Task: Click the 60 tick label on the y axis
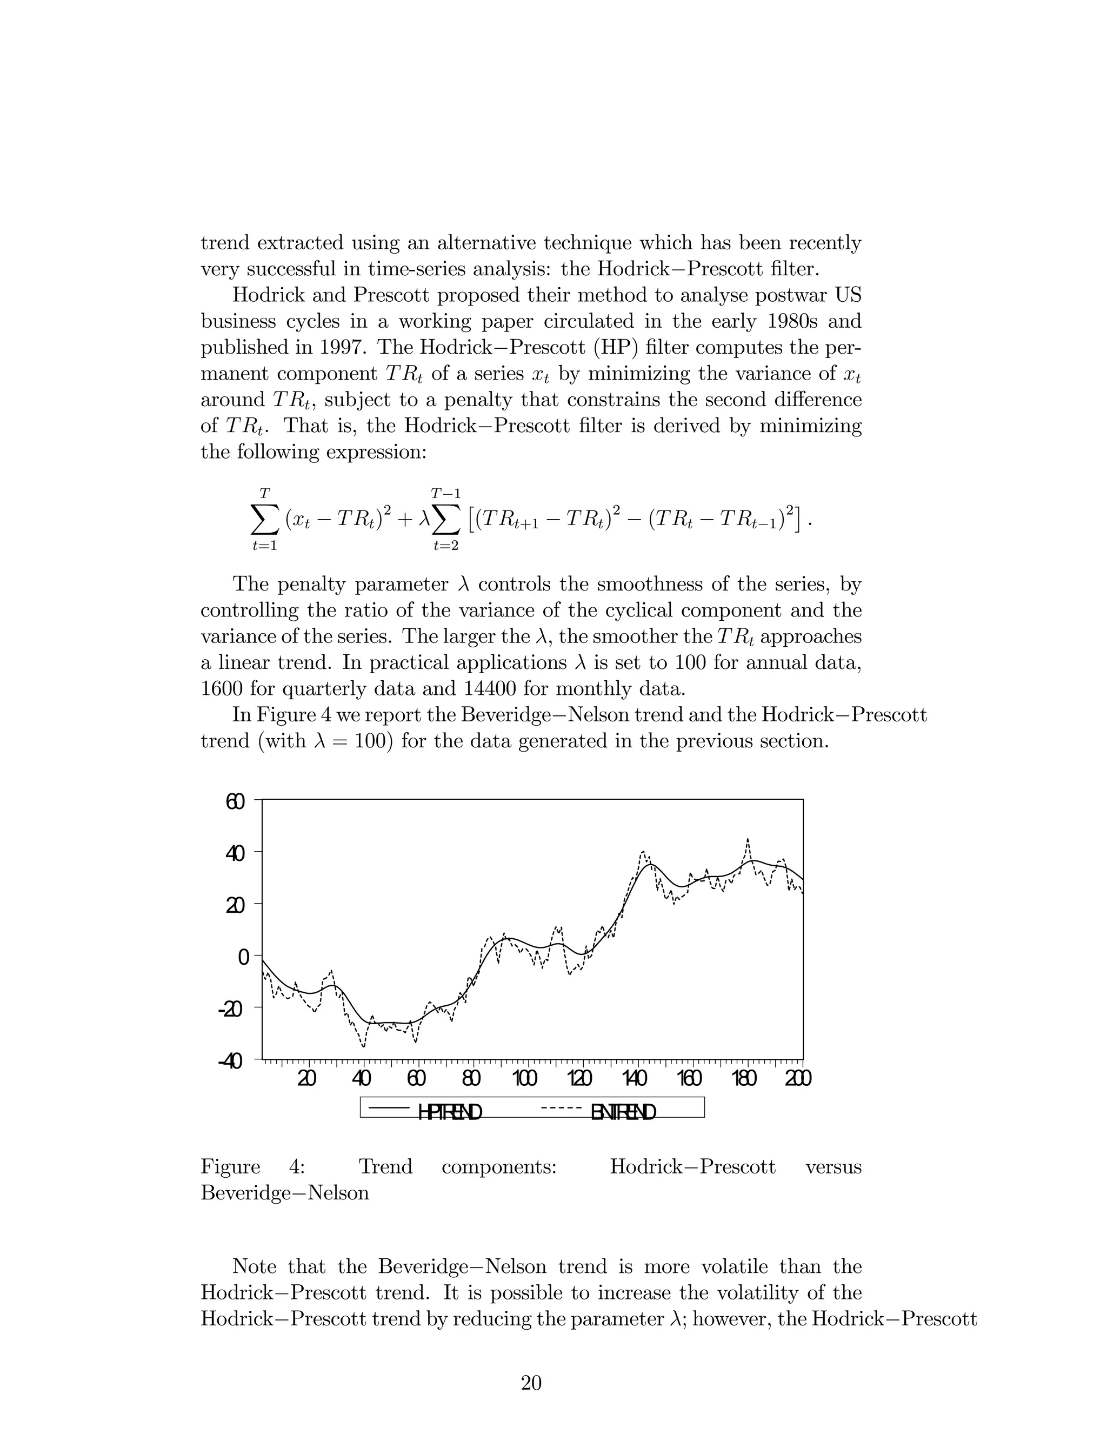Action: pyautogui.click(x=235, y=802)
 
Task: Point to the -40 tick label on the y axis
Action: pyautogui.click(x=230, y=1061)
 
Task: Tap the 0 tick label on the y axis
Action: pyautogui.click(x=243, y=957)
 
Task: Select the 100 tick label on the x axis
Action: pyautogui.click(x=525, y=1078)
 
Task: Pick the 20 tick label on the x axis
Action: pyautogui.click(x=306, y=1078)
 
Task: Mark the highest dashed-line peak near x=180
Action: pyautogui.click(x=748, y=839)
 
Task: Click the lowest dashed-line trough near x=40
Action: pyautogui.click(x=363, y=1046)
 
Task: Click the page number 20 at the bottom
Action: pyautogui.click(x=531, y=1383)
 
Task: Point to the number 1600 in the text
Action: pyautogui.click(x=221, y=689)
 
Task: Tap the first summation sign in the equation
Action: pyautogui.click(x=264, y=520)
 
